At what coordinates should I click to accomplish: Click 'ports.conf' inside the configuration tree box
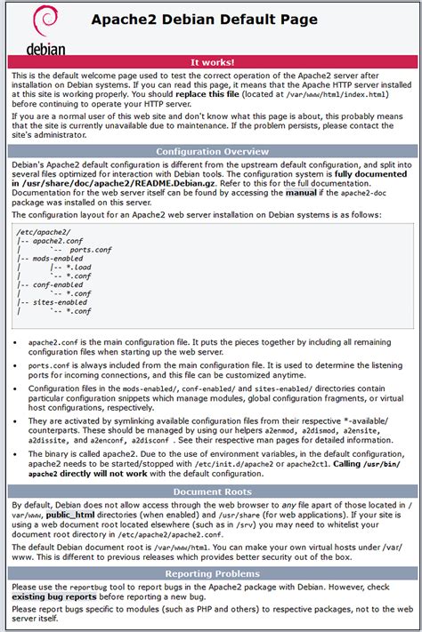pyautogui.click(x=90, y=250)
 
